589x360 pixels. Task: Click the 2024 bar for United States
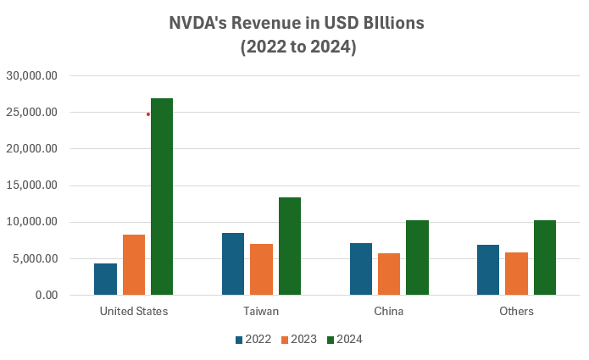click(x=162, y=197)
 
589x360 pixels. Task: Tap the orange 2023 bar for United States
click(x=134, y=264)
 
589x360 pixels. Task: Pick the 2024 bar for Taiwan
click(x=289, y=246)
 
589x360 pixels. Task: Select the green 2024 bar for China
click(x=417, y=258)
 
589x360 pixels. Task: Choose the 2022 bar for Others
click(x=488, y=269)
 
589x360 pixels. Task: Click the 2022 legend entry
click(x=253, y=340)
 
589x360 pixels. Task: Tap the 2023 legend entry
click(x=298, y=340)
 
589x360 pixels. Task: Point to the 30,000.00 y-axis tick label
click(x=32, y=75)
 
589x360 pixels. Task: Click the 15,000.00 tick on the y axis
click(x=32, y=186)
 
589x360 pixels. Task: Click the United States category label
click(x=134, y=312)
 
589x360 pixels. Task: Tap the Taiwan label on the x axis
click(x=261, y=312)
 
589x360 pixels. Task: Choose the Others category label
click(x=516, y=312)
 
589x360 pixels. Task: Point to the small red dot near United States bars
click(x=148, y=114)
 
